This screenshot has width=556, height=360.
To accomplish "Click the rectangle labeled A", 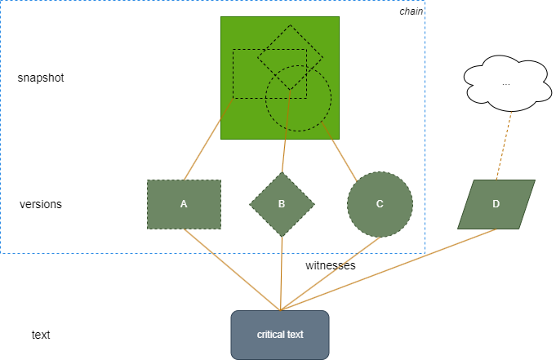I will tap(184, 204).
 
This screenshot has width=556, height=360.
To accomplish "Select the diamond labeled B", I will tap(282, 204).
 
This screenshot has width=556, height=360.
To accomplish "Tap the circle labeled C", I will tap(380, 204).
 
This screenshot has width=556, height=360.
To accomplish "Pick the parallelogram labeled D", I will tap(496, 204).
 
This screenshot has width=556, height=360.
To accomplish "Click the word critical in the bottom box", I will tap(271, 335).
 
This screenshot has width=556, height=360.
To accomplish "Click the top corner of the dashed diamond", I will tap(290, 25).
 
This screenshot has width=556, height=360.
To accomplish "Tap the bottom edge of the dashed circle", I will tap(299, 131).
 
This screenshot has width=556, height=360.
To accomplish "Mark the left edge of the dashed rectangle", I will tap(234, 73).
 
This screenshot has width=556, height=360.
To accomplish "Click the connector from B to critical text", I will tap(281, 273).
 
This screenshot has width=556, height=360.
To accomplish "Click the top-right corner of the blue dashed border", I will tap(425, 1).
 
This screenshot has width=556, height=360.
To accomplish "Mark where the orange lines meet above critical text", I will tap(280, 310).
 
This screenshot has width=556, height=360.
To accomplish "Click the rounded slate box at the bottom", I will tap(280, 347).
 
